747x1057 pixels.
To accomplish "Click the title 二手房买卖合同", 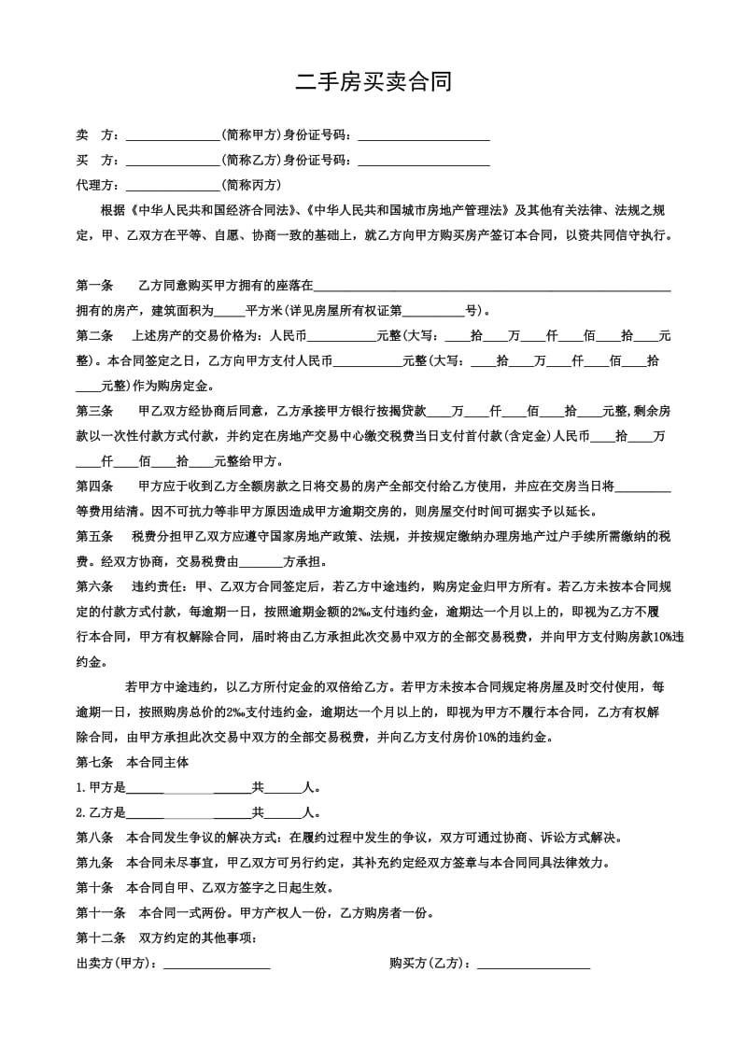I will (x=373, y=82).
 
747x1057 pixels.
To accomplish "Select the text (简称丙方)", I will (x=250, y=185).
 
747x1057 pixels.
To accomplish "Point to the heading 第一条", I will (x=94, y=286).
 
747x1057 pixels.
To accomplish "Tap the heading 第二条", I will (x=94, y=335).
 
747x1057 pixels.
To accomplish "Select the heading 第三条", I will (x=94, y=411).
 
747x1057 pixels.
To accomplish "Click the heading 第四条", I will (x=94, y=486).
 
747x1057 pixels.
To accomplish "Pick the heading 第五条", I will (x=94, y=537).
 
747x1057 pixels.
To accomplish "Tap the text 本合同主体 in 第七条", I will (x=157, y=762).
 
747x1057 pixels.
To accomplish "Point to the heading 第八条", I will (x=94, y=838).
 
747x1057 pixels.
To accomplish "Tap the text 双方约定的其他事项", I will (x=196, y=937).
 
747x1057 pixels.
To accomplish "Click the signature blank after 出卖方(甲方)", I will (x=217, y=963).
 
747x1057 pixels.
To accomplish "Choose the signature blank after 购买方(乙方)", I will (x=533, y=963).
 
